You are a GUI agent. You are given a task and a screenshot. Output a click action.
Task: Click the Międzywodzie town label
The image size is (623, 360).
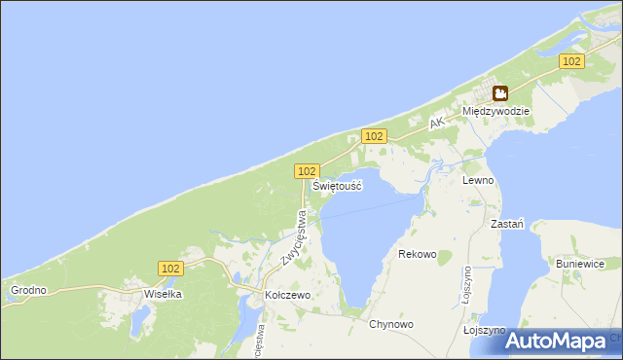pyautogui.click(x=496, y=112)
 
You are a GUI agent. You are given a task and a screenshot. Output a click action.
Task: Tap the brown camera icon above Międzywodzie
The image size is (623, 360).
pyautogui.click(x=499, y=93)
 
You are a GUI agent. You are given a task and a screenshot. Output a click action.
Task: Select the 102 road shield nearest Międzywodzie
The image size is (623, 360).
pyautogui.click(x=571, y=61)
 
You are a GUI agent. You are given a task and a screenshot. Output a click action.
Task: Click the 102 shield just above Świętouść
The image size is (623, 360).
pyautogui.click(x=306, y=170)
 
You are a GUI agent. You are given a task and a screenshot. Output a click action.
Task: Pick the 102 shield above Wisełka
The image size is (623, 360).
pyautogui.click(x=170, y=268)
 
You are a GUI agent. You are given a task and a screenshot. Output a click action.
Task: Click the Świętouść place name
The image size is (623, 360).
pyautogui.click(x=338, y=185)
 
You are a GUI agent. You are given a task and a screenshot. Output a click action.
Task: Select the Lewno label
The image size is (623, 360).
pyautogui.click(x=479, y=181)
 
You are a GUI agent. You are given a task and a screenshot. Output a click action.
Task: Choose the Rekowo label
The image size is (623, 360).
pyautogui.click(x=418, y=254)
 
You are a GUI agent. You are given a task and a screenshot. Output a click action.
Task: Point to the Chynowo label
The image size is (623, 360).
pyautogui.click(x=391, y=324)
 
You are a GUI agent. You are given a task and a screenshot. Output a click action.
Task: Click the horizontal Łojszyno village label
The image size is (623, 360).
pyautogui.click(x=484, y=331)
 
